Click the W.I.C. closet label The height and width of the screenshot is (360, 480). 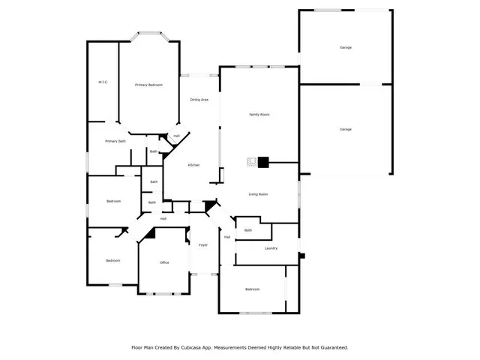click(103, 82)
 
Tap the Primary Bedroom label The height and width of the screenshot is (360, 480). click(148, 85)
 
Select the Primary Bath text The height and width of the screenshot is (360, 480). click(115, 141)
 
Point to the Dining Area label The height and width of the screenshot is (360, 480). click(199, 99)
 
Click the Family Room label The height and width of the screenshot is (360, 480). click(259, 114)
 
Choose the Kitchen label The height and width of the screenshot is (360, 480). click(193, 165)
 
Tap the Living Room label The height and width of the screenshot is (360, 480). click(259, 194)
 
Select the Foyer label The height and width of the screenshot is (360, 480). click(202, 245)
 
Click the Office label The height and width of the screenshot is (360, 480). click(164, 262)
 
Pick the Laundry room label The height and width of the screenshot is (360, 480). click(271, 248)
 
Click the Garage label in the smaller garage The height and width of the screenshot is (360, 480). click(346, 47)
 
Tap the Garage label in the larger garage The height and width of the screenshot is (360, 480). click(346, 130)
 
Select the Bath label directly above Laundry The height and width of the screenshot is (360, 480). click(248, 230)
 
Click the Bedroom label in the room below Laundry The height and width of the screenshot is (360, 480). click(252, 289)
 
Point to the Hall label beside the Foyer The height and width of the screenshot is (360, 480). click(226, 237)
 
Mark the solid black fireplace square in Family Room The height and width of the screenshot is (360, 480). click(262, 160)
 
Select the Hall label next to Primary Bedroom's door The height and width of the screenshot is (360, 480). click(176, 136)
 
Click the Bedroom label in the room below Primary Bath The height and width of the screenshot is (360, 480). click(113, 201)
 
